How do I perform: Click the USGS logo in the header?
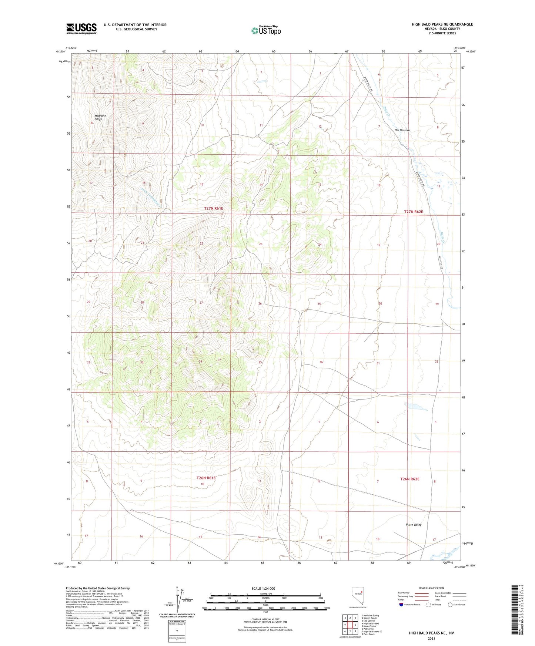tap(81, 28)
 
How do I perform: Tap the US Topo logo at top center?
tap(265, 30)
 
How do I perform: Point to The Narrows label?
tap(402, 130)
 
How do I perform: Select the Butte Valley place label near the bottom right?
tap(414, 525)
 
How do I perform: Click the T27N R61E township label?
tap(214, 208)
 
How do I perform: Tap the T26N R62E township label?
tap(410, 479)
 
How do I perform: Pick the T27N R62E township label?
tap(413, 212)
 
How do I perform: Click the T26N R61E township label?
tap(206, 478)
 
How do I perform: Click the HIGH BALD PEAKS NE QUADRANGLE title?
tap(442, 24)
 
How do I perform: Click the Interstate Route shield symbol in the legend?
tap(401, 605)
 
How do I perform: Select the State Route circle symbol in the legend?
tap(450, 605)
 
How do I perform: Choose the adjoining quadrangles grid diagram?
tap(350, 625)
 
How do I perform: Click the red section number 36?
tap(321, 362)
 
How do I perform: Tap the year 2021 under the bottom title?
tap(431, 639)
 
